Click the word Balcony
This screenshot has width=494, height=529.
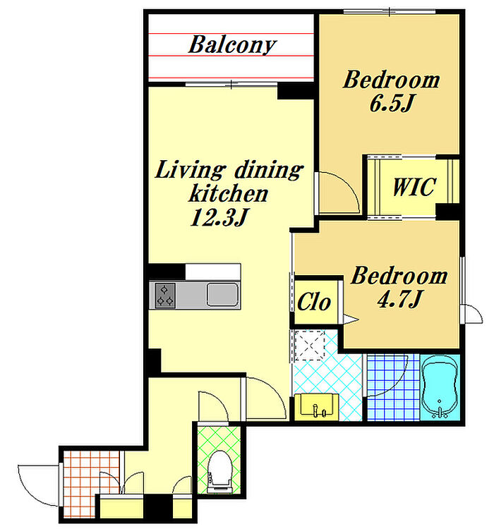pyautogui.click(x=232, y=45)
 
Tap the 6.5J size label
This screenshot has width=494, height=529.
pyautogui.click(x=392, y=103)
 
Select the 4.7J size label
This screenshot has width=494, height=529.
pyautogui.click(x=399, y=298)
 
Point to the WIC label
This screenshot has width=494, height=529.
pyautogui.click(x=414, y=186)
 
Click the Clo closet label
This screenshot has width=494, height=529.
pyautogui.click(x=313, y=301)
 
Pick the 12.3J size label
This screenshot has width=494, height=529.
pyautogui.click(x=219, y=217)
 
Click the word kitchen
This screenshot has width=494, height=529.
pyautogui.click(x=229, y=193)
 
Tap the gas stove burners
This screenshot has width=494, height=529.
pyautogui.click(x=164, y=296)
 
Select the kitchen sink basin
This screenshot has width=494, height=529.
pyautogui.click(x=222, y=295)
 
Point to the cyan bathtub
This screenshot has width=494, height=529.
pyautogui.click(x=439, y=387)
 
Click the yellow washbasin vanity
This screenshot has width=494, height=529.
pyautogui.click(x=316, y=407)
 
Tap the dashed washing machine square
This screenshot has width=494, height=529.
pyautogui.click(x=310, y=345)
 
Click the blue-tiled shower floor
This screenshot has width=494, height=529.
pyautogui.click(x=393, y=387)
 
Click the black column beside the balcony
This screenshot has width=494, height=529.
pyautogui.click(x=296, y=91)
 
